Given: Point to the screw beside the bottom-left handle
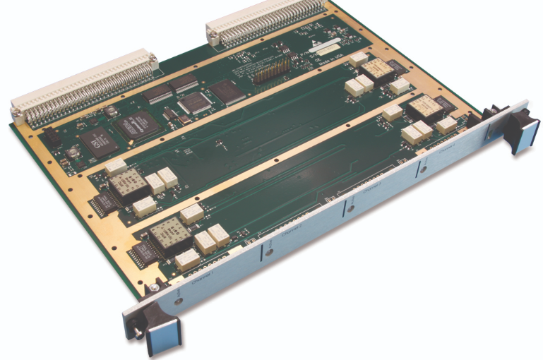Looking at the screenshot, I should coord(152,289).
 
